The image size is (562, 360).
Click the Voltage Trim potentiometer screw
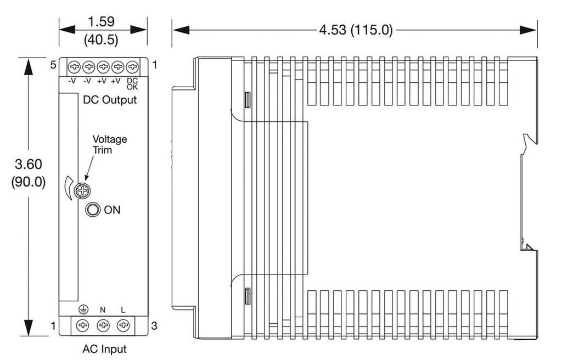[82, 190]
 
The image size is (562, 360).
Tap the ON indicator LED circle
[93, 210]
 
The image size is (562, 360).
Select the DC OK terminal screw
[132, 67]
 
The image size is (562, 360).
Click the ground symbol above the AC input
[83, 310]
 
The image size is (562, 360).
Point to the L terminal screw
[123, 325]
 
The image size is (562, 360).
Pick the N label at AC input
[103, 310]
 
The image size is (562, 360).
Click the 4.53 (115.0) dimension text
[356, 30]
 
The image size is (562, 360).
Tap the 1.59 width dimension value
[102, 21]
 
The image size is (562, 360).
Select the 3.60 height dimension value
[29, 164]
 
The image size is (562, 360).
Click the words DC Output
[110, 99]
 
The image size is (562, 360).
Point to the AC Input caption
[105, 348]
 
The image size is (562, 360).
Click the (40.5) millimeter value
[101, 39]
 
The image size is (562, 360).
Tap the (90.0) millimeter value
[29, 182]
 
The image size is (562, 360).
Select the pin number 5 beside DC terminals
[53, 65]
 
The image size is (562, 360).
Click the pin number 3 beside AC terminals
[154, 325]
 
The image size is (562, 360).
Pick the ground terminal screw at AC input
[83, 325]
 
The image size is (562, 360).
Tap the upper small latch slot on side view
[248, 100]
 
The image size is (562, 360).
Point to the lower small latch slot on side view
[248, 295]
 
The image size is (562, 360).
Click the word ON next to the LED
[112, 210]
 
